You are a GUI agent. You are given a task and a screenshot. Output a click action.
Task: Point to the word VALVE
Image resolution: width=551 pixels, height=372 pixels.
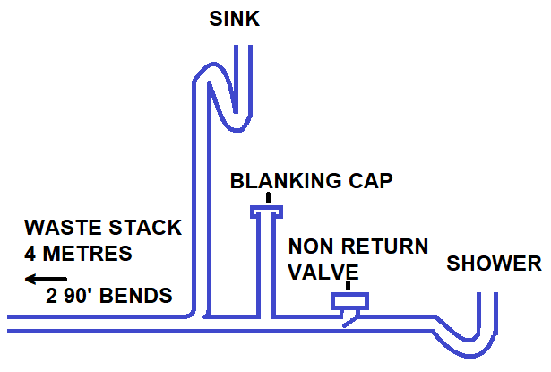(323, 271)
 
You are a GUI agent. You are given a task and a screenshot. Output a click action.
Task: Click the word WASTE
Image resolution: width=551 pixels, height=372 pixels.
(61, 228)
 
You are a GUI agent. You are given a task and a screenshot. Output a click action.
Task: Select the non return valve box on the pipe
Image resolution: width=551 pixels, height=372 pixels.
(349, 301)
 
